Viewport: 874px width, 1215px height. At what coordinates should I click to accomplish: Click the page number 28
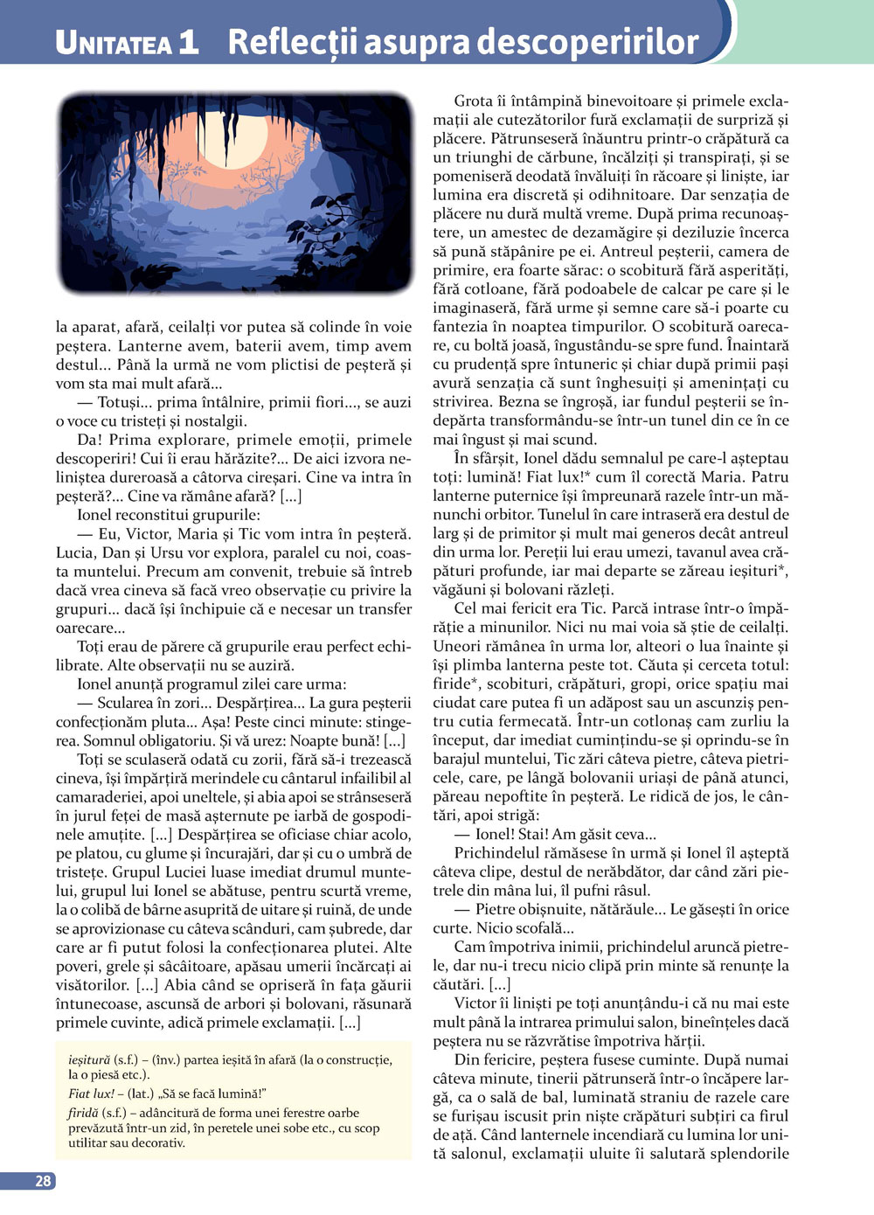click(x=43, y=1181)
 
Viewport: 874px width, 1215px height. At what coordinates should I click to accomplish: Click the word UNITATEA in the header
click(x=114, y=43)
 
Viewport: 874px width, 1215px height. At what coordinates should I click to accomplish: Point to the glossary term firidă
click(x=84, y=1113)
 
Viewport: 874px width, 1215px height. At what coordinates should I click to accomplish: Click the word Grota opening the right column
click(x=473, y=101)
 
